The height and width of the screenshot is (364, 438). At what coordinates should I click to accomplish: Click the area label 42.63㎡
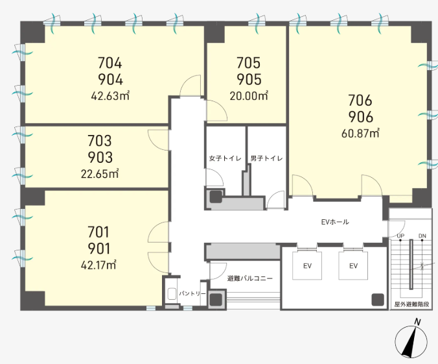[110, 96]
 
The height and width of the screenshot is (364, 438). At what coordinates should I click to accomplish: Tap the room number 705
[248, 63]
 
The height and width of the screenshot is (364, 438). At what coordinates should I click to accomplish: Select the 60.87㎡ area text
[360, 133]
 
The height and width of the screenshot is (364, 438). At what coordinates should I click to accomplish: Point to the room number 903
[100, 157]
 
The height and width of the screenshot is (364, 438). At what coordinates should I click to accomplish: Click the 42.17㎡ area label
[98, 265]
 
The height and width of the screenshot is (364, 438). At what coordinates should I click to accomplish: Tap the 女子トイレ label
[225, 158]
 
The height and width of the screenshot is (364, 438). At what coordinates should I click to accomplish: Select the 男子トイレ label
[266, 158]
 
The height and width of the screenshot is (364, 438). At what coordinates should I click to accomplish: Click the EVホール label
[335, 222]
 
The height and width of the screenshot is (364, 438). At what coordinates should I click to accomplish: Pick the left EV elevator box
[307, 265]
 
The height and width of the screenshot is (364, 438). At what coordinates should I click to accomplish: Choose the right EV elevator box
[353, 265]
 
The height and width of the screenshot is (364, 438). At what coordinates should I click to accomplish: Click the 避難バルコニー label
[249, 278]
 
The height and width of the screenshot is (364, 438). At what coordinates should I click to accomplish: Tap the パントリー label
[192, 293]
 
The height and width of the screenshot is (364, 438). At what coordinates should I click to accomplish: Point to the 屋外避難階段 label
[411, 304]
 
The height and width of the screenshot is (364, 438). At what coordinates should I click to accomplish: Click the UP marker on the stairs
[400, 236]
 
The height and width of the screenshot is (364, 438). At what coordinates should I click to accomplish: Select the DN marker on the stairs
[422, 236]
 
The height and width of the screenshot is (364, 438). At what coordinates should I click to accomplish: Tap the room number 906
[361, 117]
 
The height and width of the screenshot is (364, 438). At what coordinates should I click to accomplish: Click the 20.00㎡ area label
[249, 96]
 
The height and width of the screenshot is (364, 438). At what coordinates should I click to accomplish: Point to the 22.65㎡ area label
[100, 174]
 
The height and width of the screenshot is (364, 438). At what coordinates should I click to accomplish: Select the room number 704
[109, 63]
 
